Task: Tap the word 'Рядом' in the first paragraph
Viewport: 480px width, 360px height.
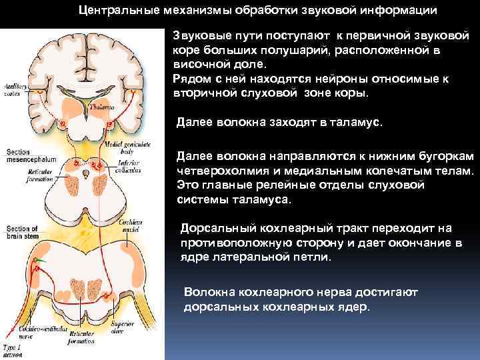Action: pos(190,79)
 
